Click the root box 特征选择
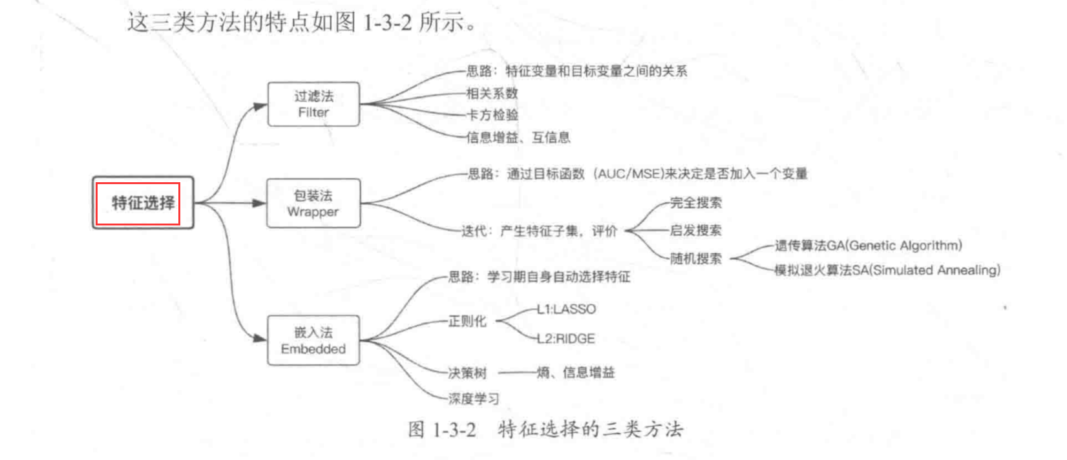tap(143, 203)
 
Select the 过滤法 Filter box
tap(313, 104)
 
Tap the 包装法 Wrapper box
tap(313, 204)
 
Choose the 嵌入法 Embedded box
tap(313, 340)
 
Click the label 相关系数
tap(492, 93)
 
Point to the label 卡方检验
tap(492, 115)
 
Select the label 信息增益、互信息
tap(518, 138)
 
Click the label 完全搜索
tap(696, 203)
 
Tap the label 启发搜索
tap(696, 231)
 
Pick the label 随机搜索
tap(696, 258)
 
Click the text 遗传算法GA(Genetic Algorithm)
tap(869, 246)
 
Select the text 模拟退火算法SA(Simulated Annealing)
tap(887, 271)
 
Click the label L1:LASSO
tap(566, 309)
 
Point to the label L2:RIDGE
tap(566, 339)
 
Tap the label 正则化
tap(467, 322)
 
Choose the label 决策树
tap(467, 373)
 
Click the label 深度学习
tap(474, 399)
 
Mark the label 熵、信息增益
tap(575, 372)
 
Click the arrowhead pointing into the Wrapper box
tap(259, 204)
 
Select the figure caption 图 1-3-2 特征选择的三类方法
tap(546, 430)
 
